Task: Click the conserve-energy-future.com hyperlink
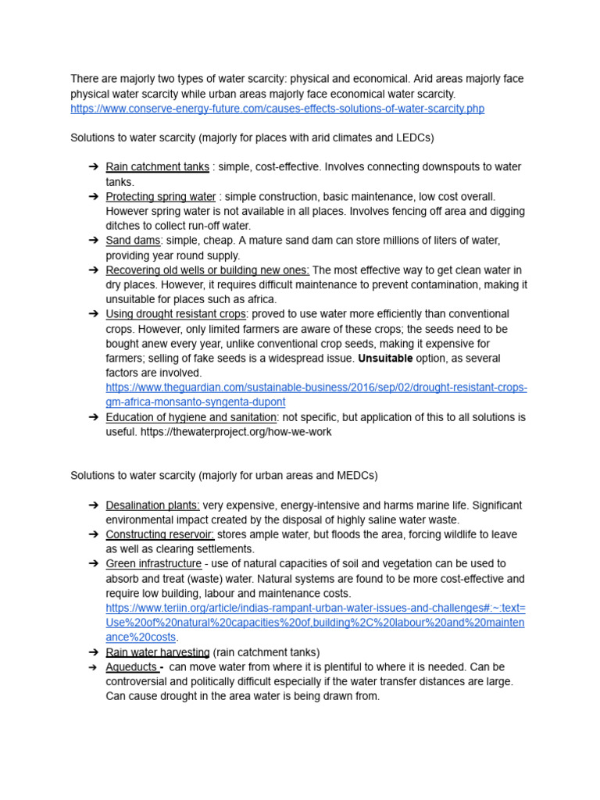click(x=277, y=109)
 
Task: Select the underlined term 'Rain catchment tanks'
click(x=157, y=166)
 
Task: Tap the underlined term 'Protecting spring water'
click(x=160, y=196)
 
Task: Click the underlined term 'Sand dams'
click(x=133, y=241)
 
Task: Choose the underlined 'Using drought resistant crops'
click(x=176, y=314)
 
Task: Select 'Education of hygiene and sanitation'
click(x=191, y=417)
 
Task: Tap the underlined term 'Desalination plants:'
click(x=152, y=505)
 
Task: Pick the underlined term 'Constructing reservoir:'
click(x=159, y=535)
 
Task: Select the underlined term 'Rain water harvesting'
click(x=157, y=652)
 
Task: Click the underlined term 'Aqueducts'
click(x=131, y=667)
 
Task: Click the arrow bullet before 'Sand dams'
click(x=93, y=241)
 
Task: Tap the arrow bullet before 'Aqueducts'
click(x=93, y=667)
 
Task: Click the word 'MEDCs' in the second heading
click(x=359, y=476)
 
